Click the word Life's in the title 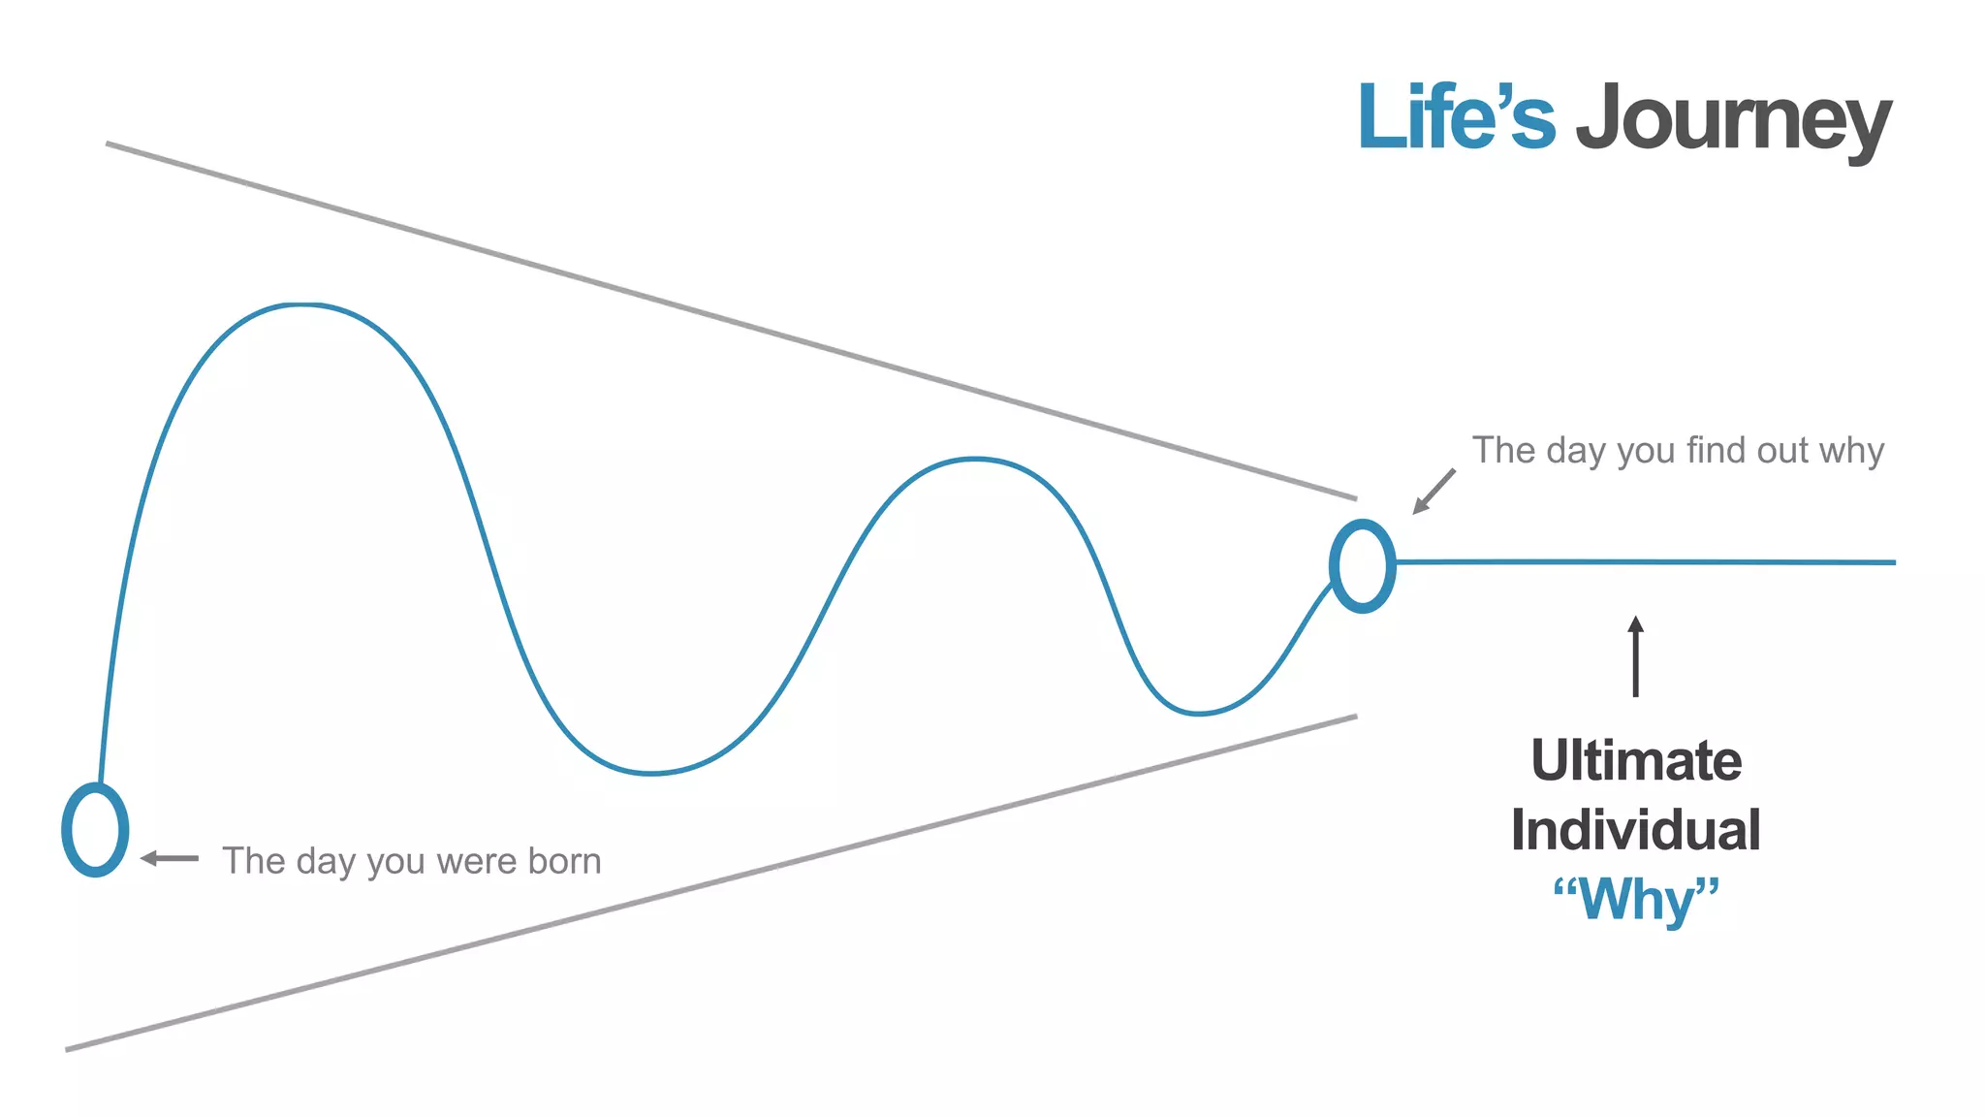pos(1456,118)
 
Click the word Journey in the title pos(1733,120)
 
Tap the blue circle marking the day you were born pos(95,830)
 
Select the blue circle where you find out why pos(1362,566)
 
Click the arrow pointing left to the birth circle pos(170,858)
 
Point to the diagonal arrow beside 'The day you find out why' pos(1434,492)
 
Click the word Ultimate pos(1636,760)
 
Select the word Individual pos(1636,830)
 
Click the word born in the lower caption pos(563,861)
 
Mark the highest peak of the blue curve pos(302,305)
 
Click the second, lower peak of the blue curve pos(975,459)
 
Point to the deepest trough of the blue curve pos(651,773)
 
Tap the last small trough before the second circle pos(1199,714)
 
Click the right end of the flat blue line pos(1892,562)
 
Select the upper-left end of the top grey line pos(109,144)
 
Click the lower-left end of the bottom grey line pos(68,1048)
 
